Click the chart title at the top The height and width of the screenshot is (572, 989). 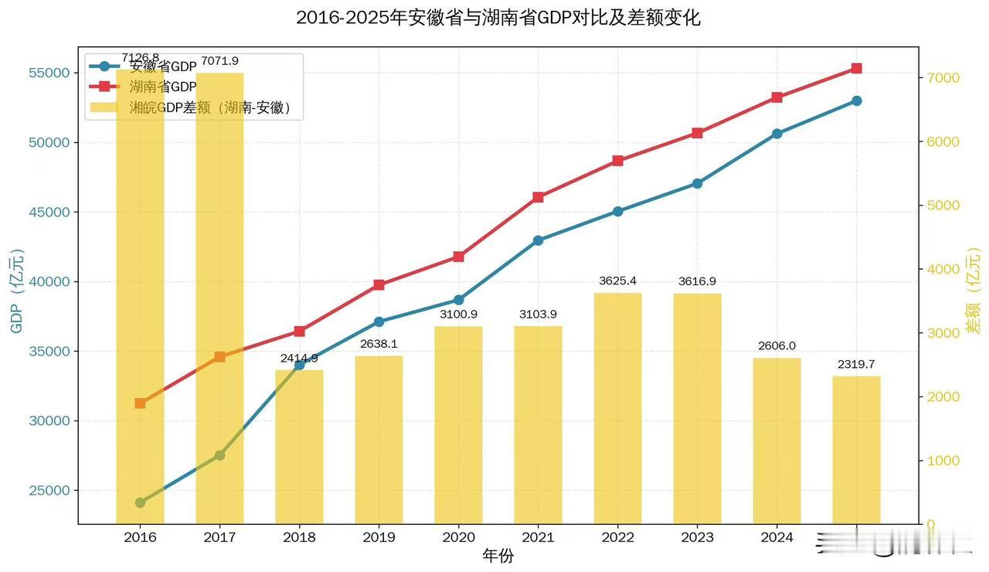tap(498, 18)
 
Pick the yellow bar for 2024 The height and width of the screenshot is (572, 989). tap(777, 440)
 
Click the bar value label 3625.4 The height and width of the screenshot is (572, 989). tap(617, 281)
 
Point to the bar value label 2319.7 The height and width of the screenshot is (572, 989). tap(856, 364)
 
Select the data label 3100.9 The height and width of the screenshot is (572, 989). tap(458, 315)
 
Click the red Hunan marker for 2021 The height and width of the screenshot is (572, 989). tap(538, 197)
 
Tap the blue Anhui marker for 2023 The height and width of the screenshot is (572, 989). tap(697, 183)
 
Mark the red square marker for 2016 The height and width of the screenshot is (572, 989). tap(140, 403)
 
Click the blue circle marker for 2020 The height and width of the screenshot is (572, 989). tap(458, 300)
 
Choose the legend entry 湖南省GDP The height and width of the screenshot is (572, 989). tap(162, 87)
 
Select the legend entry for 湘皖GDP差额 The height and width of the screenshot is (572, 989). tap(209, 107)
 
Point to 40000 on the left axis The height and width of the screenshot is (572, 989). tap(49, 281)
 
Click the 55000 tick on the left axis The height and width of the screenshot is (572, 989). tap(49, 73)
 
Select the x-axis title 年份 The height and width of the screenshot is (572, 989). tap(498, 556)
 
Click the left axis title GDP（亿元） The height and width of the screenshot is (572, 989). tap(17, 291)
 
